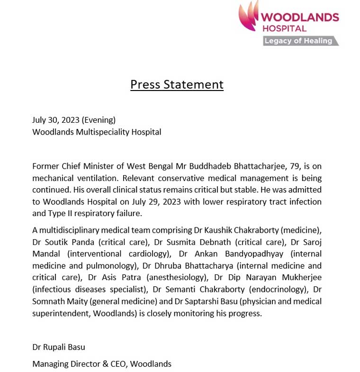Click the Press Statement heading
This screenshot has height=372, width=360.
177,84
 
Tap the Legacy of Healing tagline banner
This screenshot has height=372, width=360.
299,41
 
